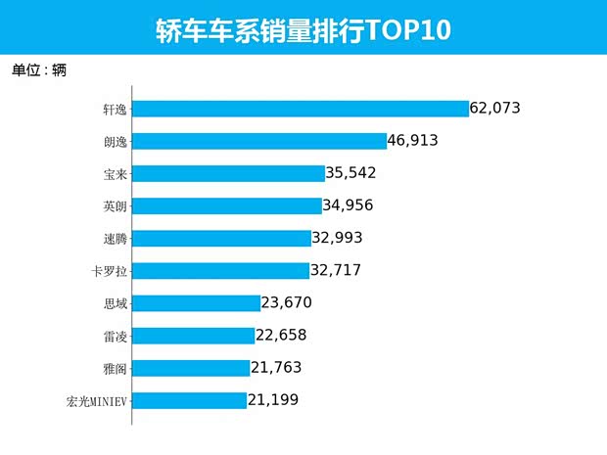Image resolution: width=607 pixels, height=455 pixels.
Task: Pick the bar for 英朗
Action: (x=226, y=205)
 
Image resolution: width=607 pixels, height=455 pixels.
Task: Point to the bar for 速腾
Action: (x=220, y=238)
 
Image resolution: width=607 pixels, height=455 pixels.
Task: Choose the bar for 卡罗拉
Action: (x=220, y=270)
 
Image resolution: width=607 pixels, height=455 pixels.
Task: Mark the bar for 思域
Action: (x=196, y=303)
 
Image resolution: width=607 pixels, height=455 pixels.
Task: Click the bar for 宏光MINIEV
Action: (x=189, y=400)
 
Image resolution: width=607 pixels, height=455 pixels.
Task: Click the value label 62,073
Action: (x=503, y=108)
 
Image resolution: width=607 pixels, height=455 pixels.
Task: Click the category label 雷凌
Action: (x=115, y=336)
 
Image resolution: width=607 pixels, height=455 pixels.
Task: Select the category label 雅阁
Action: (x=115, y=368)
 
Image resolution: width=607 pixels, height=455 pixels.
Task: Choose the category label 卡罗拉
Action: (x=108, y=270)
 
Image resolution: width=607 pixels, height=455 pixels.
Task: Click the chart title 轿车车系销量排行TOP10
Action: (x=303, y=28)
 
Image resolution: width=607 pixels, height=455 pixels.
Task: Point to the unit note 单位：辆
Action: (x=38, y=70)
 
